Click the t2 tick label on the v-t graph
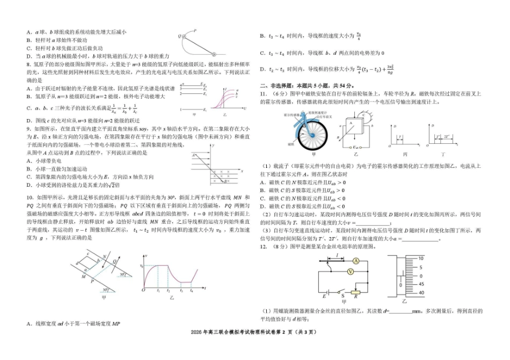169,290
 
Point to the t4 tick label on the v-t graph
192,290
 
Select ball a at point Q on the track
184,36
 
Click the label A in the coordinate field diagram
192,155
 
